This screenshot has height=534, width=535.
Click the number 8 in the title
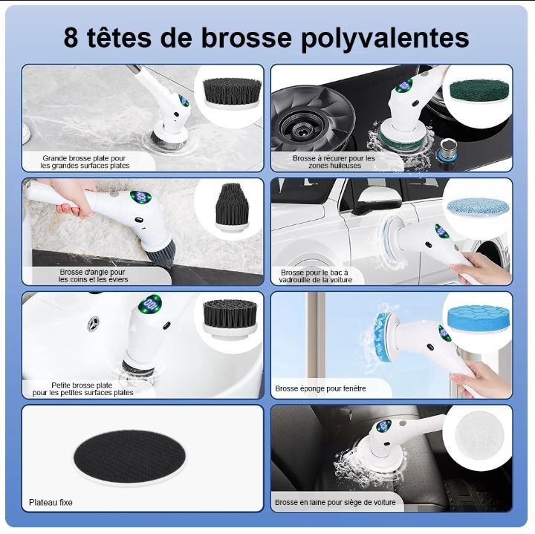71,37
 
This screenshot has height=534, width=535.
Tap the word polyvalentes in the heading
385,39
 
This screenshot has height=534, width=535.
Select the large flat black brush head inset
233,94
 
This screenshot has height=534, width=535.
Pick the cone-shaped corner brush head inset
231,208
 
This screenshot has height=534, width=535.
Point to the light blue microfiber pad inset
478,206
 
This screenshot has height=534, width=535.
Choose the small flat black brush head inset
230,319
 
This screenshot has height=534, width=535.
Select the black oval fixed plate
129,456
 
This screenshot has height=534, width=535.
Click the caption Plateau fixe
51,502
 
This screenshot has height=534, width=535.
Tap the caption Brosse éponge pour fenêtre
320,388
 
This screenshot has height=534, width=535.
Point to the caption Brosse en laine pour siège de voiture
335,502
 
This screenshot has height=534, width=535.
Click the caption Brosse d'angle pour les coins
93,276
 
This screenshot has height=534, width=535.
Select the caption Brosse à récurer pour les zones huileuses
334,162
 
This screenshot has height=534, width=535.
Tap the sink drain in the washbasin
94,324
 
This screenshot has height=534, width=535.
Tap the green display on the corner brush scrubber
140,198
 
